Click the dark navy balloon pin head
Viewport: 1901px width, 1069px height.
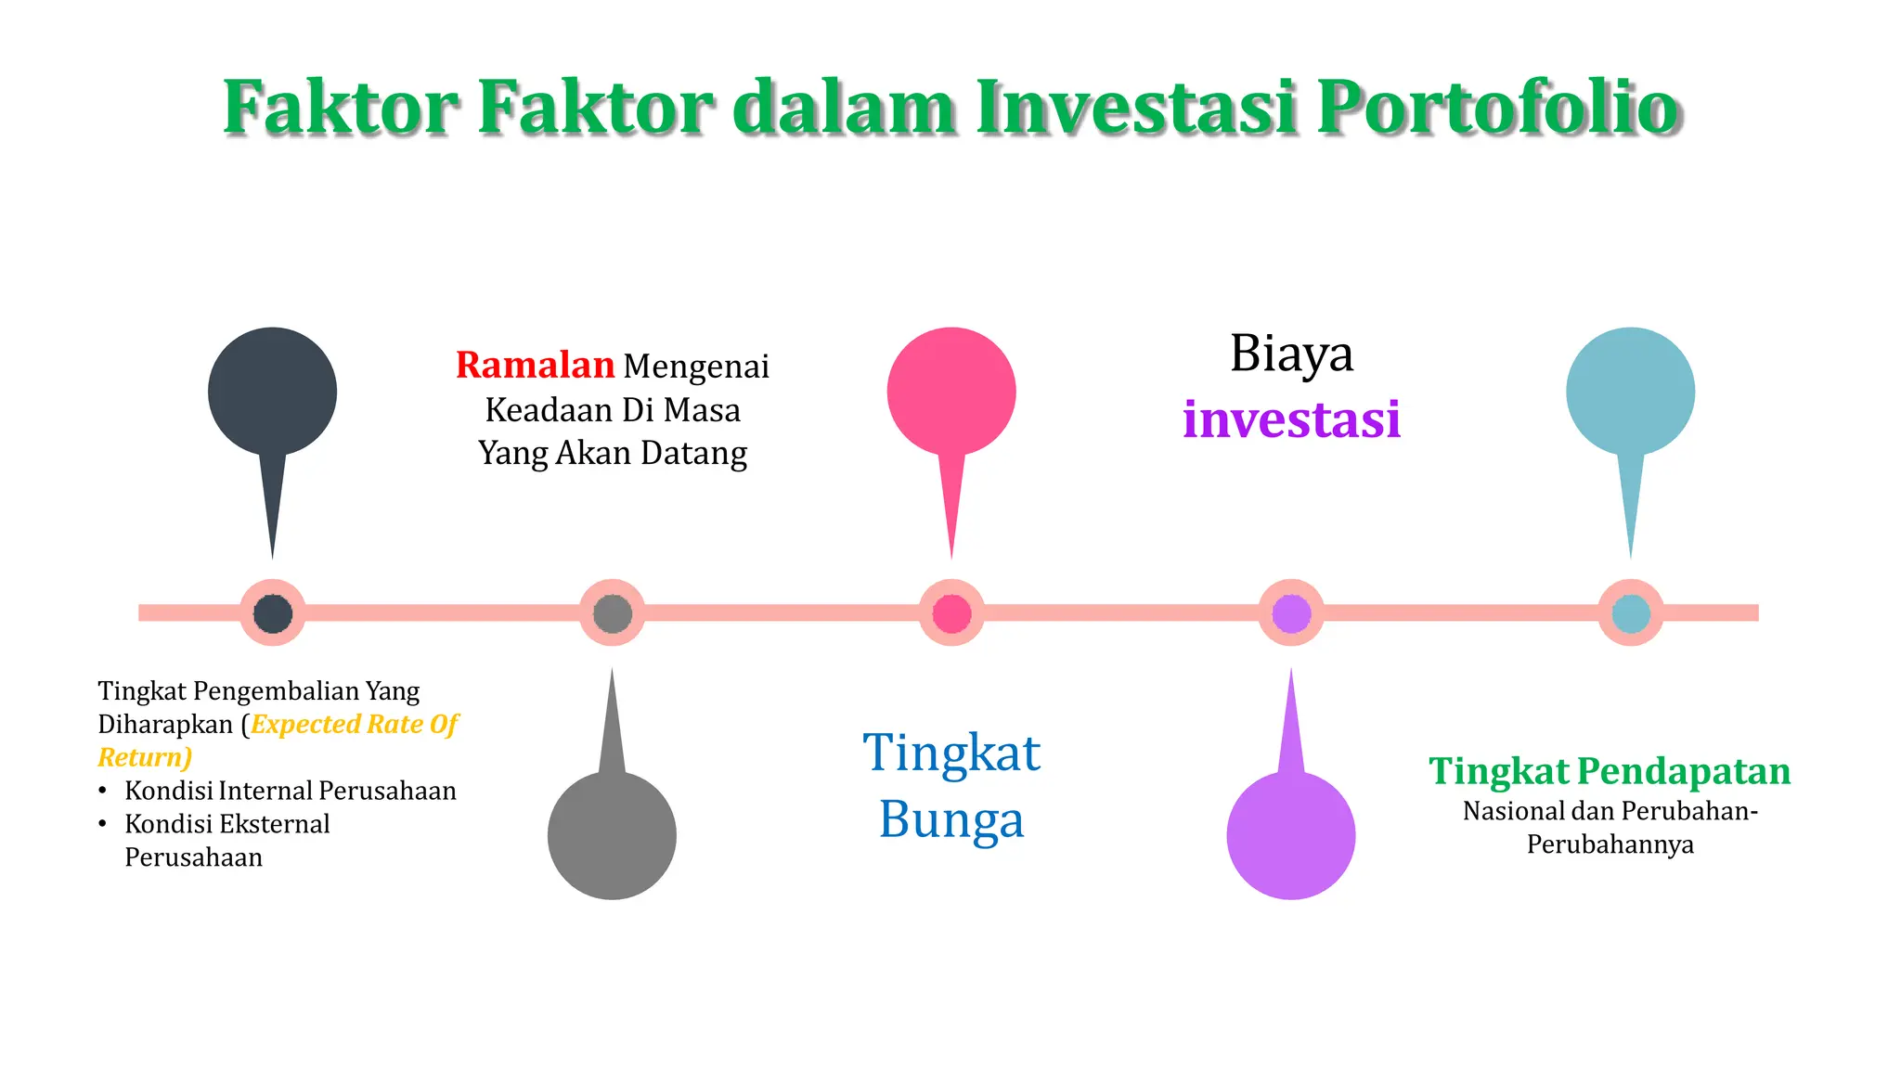pos(272,392)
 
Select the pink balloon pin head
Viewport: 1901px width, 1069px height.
pos(951,392)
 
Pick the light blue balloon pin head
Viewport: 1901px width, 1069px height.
pos(1630,392)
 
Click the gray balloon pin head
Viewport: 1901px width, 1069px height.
pos(612,835)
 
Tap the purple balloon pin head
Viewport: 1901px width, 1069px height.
pos(1290,835)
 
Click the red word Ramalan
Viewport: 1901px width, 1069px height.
pos(535,366)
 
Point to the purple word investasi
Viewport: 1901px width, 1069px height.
pos(1291,419)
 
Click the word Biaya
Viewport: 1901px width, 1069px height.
pos(1291,354)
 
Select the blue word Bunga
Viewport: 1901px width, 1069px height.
pos(951,820)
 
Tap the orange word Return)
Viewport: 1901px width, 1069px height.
pos(145,757)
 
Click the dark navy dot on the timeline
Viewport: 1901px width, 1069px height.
pos(273,613)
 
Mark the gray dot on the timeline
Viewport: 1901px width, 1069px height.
pos(613,613)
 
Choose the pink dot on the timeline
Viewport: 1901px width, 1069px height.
pos(951,613)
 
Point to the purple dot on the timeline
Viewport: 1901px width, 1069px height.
pos(1291,613)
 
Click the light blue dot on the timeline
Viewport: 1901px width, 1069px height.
pos(1631,613)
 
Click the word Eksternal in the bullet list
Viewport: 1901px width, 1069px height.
pos(275,824)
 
